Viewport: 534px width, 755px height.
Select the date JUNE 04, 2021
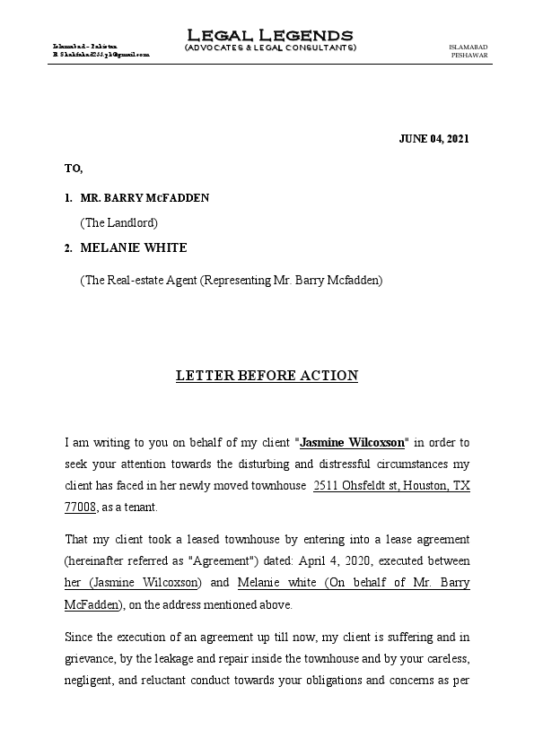click(433, 138)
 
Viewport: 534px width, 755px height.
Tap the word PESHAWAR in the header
click(469, 55)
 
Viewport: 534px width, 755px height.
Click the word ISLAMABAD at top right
click(468, 46)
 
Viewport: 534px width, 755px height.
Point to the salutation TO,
click(74, 168)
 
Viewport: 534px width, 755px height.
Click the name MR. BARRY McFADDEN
click(144, 197)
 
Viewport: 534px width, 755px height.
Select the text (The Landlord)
click(118, 221)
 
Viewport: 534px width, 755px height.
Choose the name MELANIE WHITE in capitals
click(134, 247)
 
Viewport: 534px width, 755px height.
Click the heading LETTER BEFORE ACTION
click(267, 376)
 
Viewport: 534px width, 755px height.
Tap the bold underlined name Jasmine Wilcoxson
click(352, 442)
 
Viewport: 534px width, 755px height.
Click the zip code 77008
click(81, 507)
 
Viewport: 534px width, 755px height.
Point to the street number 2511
click(326, 485)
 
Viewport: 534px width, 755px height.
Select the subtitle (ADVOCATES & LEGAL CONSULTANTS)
click(269, 48)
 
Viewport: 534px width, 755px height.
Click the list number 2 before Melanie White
click(68, 247)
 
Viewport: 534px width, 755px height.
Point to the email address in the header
click(101, 55)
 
